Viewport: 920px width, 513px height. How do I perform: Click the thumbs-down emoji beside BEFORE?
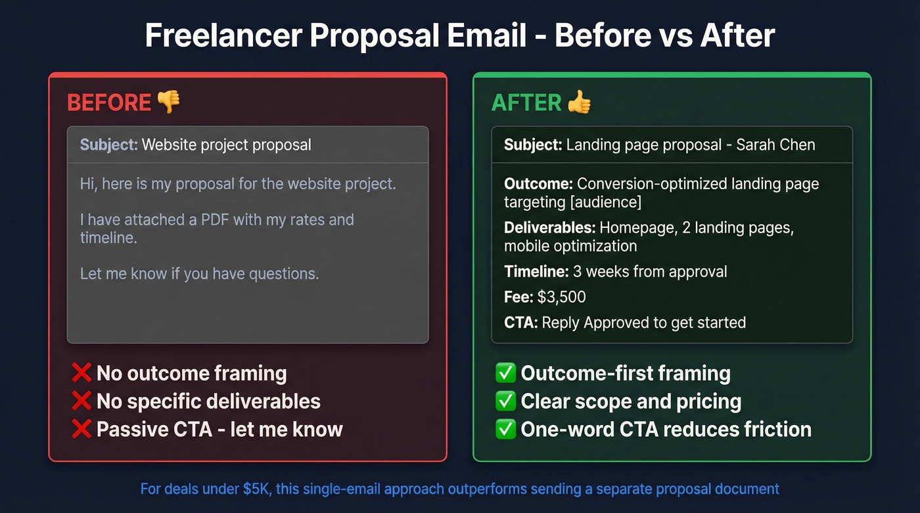coord(168,102)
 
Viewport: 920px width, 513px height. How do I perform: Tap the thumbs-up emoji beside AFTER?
coord(579,102)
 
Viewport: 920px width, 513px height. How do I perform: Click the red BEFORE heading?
coord(109,102)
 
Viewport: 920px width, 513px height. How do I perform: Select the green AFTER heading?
coord(526,102)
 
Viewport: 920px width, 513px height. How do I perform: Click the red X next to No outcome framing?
coord(81,373)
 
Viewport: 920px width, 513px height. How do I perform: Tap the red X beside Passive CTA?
coord(81,429)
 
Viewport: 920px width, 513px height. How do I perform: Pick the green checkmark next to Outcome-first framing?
coord(505,373)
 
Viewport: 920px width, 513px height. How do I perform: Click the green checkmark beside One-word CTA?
coord(505,429)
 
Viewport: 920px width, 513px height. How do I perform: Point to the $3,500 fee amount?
coord(561,297)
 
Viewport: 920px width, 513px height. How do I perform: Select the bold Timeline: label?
coord(536,271)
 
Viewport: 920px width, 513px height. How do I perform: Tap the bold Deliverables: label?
coord(549,228)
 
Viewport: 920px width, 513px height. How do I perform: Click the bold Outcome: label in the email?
coord(538,184)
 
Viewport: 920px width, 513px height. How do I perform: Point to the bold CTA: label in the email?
coord(521,323)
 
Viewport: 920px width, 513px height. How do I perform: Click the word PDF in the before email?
coord(213,219)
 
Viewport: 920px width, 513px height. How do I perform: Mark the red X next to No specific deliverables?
coord(81,401)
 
